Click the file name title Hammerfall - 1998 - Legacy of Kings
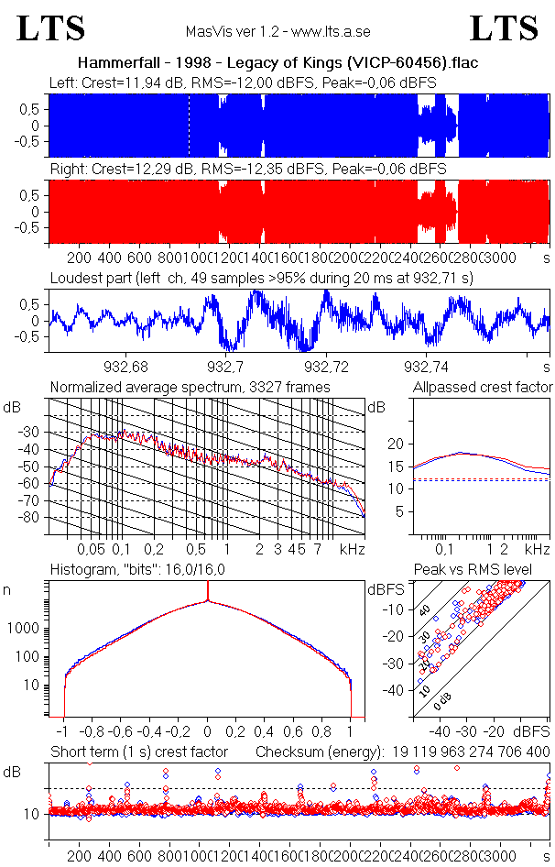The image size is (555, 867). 277,63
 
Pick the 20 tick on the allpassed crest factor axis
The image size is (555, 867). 396,444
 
